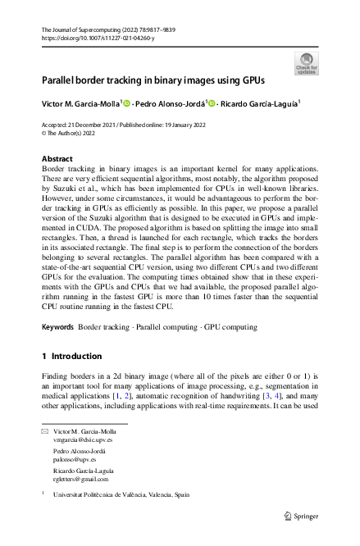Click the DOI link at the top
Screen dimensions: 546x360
(91, 38)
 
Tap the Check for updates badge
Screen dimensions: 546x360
(305, 63)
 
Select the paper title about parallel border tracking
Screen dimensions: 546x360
(153, 83)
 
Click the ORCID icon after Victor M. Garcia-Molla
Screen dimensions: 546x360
(127, 104)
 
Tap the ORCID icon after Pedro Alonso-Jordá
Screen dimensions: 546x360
(212, 104)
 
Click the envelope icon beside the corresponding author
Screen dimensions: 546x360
(44, 430)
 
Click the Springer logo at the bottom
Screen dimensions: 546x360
(301, 516)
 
